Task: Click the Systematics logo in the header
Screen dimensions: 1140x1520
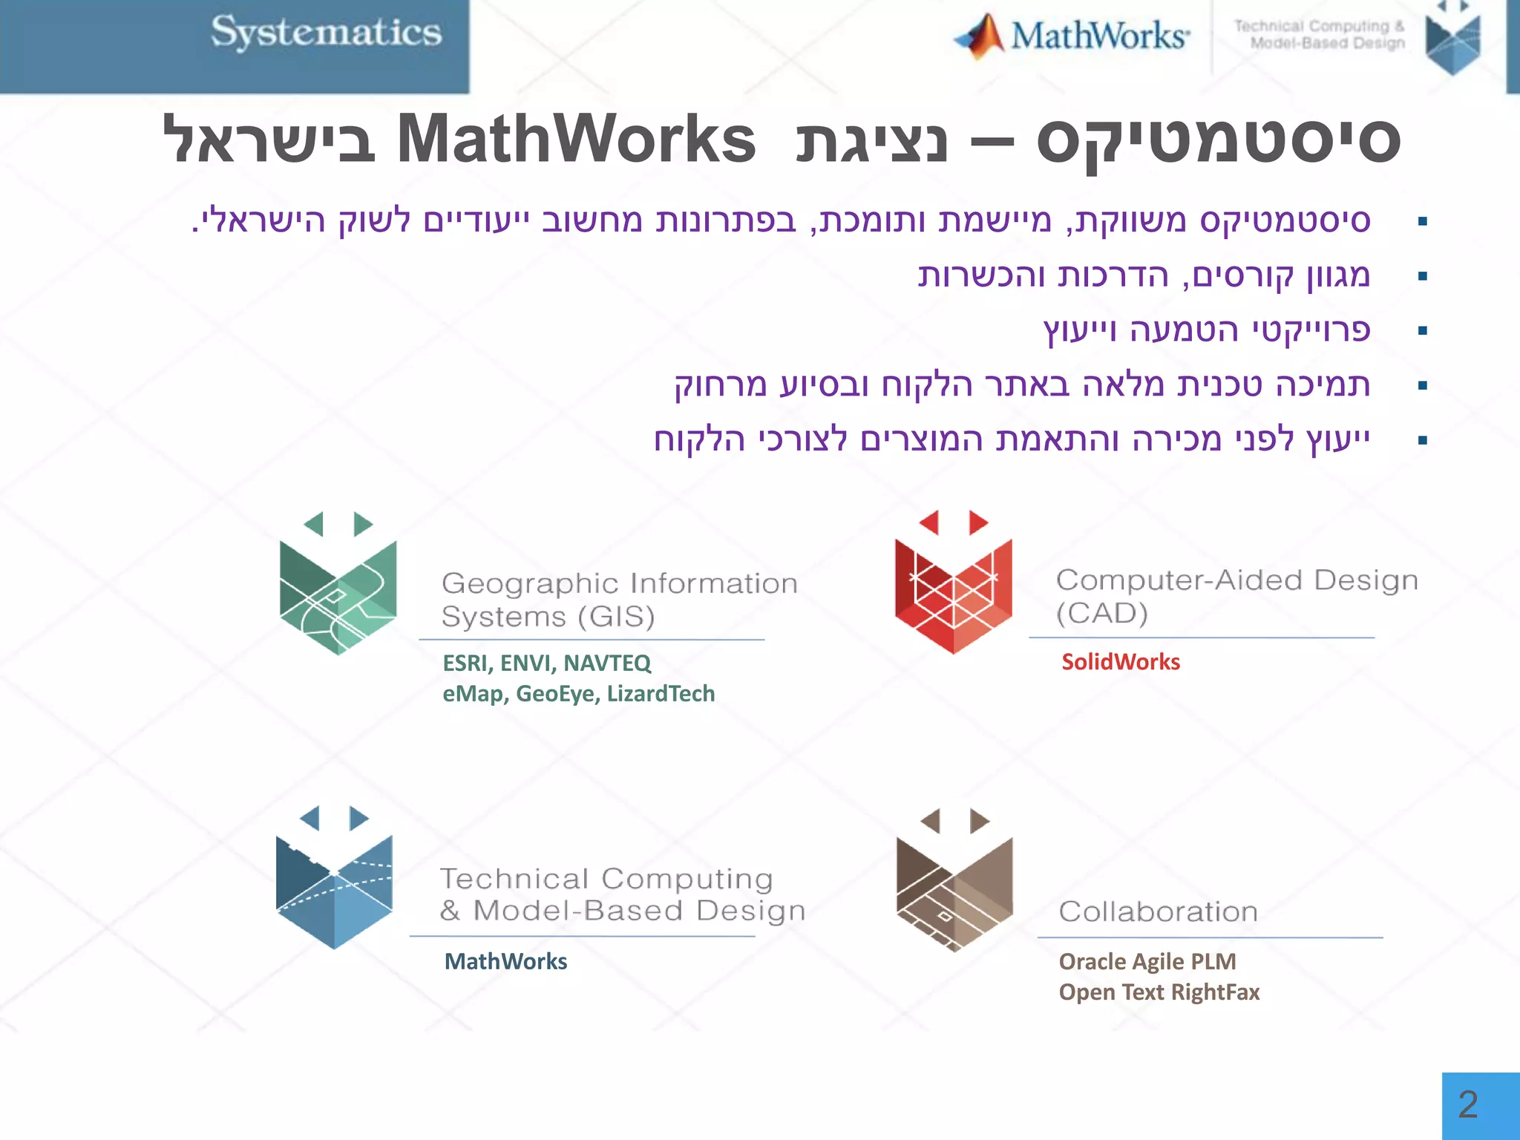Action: [x=326, y=33]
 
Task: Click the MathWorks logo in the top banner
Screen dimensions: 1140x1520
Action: [x=1072, y=36]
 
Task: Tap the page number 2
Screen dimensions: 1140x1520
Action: [x=1468, y=1105]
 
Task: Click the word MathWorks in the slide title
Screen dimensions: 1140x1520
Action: [x=576, y=140]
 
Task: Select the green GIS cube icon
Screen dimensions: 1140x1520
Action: [x=338, y=586]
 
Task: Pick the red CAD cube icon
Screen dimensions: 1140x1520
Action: [x=954, y=584]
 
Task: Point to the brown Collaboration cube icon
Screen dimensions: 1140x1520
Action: [x=954, y=882]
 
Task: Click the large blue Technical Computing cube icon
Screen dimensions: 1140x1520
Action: [x=334, y=880]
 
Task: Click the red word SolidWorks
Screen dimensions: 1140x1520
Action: [x=1120, y=661]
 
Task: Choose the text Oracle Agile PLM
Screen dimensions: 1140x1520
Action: [x=1147, y=961]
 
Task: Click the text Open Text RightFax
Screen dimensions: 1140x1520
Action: [x=1159, y=992]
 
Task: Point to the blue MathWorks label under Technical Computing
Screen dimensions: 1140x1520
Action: [x=505, y=961]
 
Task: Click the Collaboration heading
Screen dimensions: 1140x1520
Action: [x=1158, y=911]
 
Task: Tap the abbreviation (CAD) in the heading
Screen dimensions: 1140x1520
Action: [x=1102, y=614]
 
